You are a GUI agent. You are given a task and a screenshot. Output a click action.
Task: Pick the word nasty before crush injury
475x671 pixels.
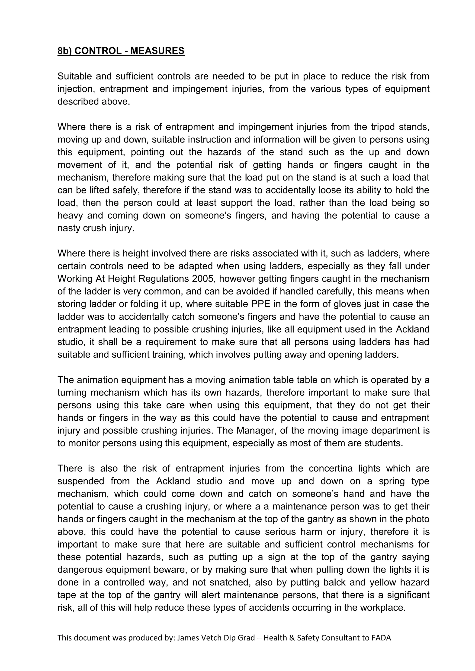(x=69, y=228)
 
